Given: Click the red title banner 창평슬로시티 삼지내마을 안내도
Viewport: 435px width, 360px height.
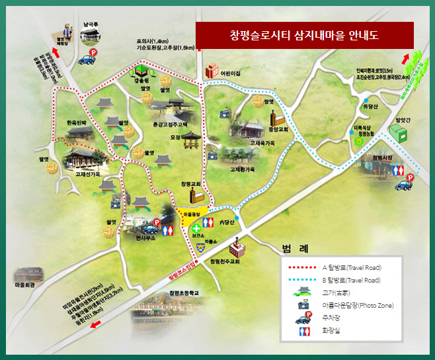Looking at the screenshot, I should coord(304,34).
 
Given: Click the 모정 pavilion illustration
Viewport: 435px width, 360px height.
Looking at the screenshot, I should coord(191,141).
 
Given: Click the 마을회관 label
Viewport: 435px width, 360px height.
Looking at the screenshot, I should coord(24,285).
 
